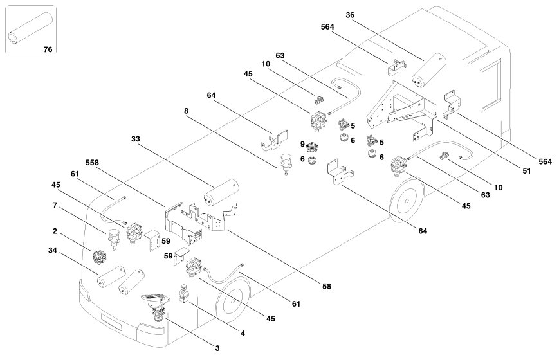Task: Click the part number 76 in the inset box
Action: pos(47,49)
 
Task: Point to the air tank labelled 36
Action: pos(430,66)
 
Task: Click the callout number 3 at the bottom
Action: pos(217,348)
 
